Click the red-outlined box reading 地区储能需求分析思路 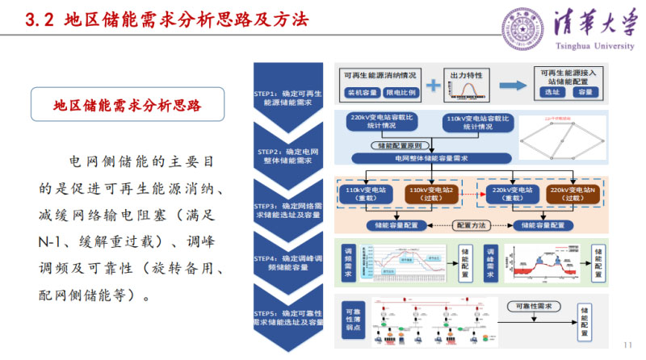click(127, 105)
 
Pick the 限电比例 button click(401, 93)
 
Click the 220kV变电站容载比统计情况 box click(384, 122)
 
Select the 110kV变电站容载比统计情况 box click(477, 122)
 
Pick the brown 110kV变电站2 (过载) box click(433, 194)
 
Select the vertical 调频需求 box click(349, 263)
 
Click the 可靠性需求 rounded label click(528, 307)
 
